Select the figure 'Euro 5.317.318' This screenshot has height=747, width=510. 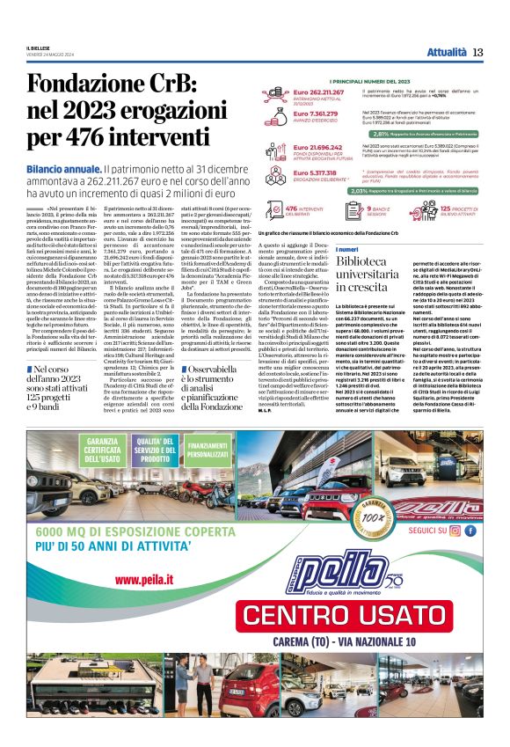pos(315,172)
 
